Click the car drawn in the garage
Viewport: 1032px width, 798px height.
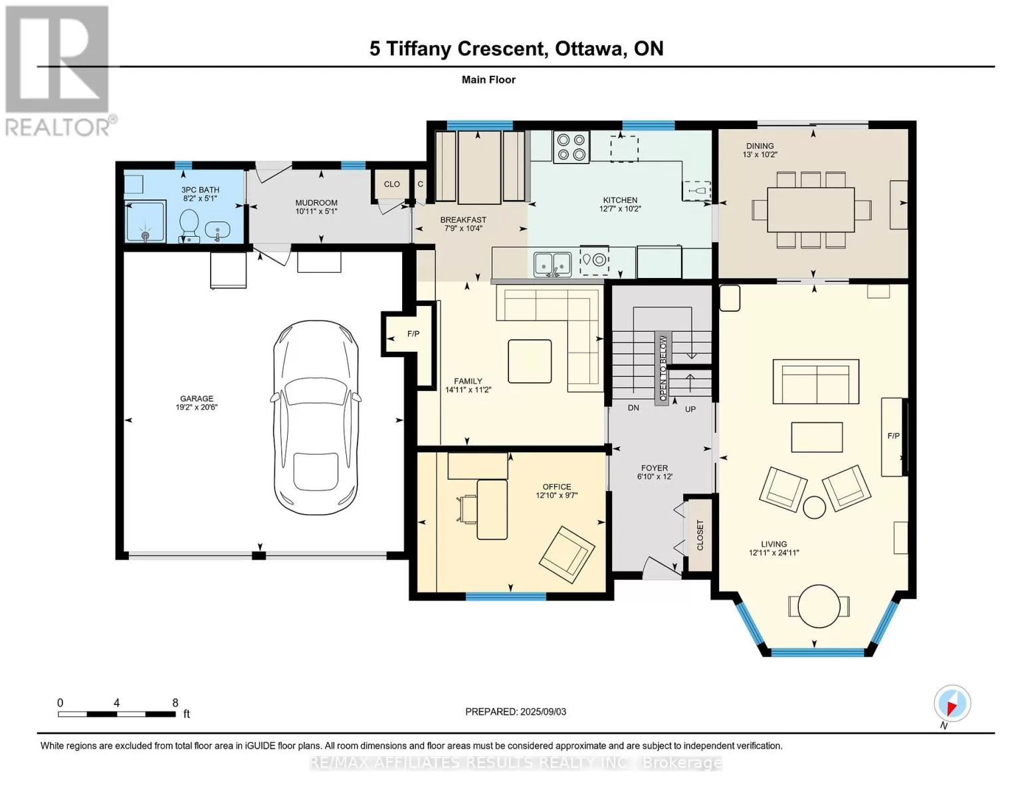[x=316, y=418]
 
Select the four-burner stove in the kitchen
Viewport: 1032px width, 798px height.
[x=571, y=147]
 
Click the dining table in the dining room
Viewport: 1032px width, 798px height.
[x=811, y=209]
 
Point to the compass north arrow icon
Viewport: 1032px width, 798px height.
[x=952, y=704]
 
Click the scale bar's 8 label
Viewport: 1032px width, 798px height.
[x=175, y=702]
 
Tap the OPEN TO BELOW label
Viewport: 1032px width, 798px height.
[x=663, y=368]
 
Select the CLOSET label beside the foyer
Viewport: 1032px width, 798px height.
[x=700, y=535]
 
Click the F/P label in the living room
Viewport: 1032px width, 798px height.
[x=893, y=436]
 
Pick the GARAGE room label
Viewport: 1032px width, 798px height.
[x=197, y=398]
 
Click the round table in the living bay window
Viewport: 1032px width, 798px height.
[x=819, y=606]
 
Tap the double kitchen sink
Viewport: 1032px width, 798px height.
[x=552, y=263]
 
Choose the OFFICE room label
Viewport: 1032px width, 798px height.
[x=557, y=487]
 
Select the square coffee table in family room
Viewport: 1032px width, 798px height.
[x=530, y=361]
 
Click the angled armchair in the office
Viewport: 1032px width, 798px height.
[x=567, y=555]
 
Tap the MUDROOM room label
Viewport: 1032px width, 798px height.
[x=316, y=202]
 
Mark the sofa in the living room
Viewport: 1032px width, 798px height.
[x=816, y=382]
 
